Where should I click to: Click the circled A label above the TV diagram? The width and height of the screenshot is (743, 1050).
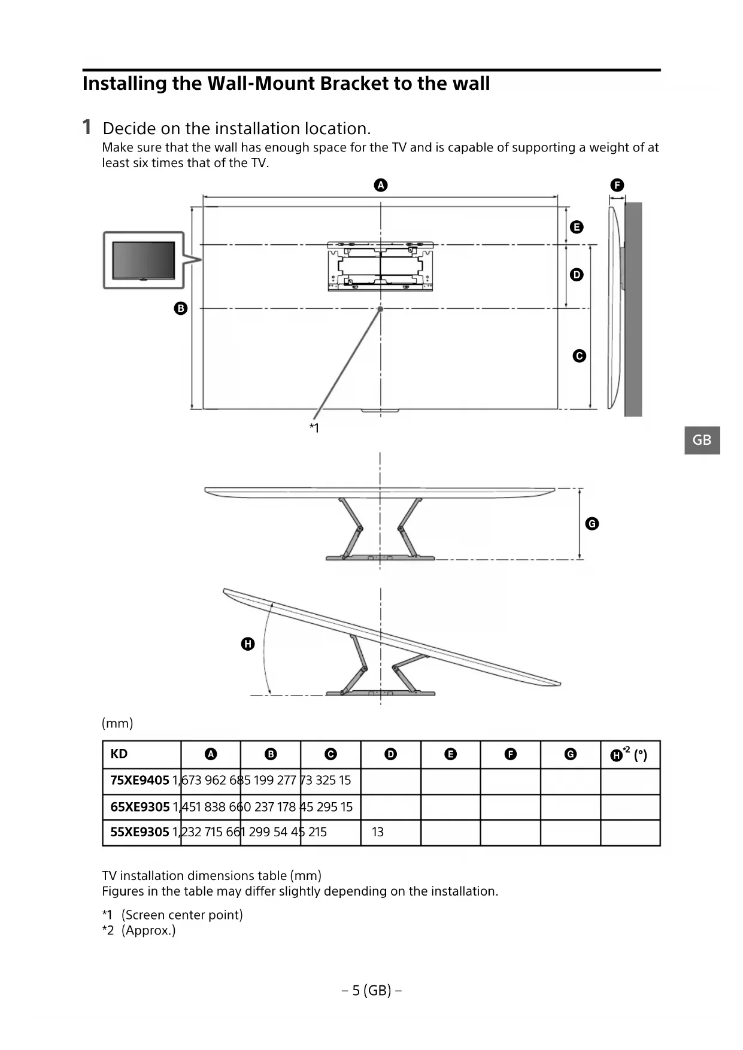point(381,185)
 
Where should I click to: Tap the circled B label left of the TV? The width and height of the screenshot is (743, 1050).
point(180,308)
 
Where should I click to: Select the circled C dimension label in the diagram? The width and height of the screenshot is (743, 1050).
point(579,356)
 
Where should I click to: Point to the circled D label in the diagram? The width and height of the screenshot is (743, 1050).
point(577,275)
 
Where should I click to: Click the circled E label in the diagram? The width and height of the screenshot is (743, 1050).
point(577,227)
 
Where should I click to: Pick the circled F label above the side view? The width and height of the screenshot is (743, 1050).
point(617,185)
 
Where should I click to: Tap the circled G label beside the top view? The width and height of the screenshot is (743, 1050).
point(592,524)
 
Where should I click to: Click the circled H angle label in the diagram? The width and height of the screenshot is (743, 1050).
point(248,644)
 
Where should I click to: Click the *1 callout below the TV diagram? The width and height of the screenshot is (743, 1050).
point(314,428)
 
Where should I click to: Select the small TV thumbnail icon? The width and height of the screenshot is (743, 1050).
point(144,260)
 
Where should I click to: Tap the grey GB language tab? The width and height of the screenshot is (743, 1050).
point(702,440)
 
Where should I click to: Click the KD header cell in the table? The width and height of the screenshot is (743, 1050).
point(119,754)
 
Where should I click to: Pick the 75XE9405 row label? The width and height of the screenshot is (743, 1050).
point(139,781)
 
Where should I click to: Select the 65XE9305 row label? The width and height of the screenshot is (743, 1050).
point(140,807)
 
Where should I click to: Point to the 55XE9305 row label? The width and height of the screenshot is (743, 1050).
point(139,832)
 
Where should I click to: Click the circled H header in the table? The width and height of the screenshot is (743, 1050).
point(616,755)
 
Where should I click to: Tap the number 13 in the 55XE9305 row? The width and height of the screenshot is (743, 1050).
point(378,832)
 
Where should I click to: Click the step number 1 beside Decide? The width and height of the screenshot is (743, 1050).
point(87,128)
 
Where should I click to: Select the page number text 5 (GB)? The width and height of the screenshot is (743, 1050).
point(371,991)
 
